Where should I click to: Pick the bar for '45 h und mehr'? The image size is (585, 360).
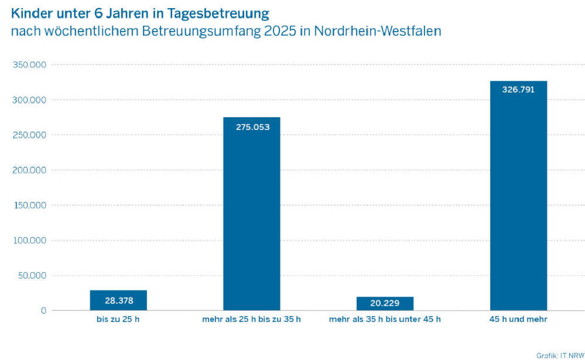518,199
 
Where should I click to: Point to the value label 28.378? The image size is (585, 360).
118,301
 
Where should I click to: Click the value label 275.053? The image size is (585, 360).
252,126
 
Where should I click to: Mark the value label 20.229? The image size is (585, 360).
385,303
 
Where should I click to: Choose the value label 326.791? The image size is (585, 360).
518,90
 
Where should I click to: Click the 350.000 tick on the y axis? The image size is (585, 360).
29,65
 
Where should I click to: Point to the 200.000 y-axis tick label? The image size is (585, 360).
29,170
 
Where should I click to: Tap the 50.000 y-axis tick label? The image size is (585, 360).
32,276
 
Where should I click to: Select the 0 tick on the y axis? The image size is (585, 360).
43,311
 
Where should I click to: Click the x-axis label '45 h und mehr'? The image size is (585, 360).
518,319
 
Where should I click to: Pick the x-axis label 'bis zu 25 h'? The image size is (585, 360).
118,319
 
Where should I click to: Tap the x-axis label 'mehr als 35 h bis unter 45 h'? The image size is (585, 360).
385,319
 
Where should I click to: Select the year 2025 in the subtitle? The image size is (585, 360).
283,32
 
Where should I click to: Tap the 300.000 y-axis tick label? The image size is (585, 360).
29,100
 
